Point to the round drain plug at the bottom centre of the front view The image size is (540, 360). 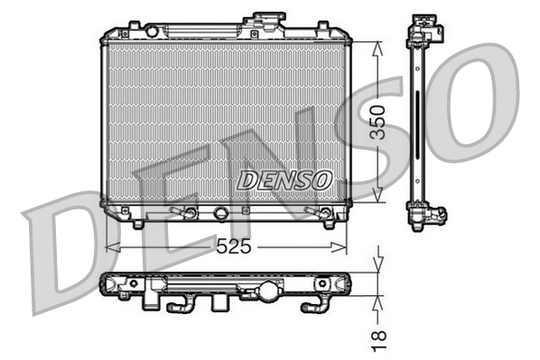pyautogui.click(x=219, y=215)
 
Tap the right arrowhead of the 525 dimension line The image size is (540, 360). pyautogui.click(x=345, y=246)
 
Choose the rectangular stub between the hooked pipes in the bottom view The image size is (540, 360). pyautogui.click(x=219, y=303)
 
